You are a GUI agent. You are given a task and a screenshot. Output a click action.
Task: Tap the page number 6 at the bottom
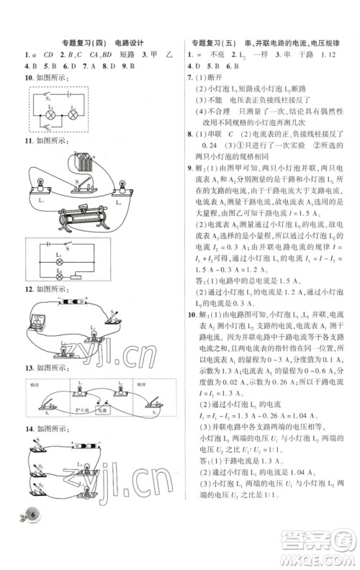click(32, 553)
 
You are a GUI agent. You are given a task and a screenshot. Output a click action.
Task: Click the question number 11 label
click(28, 142)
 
